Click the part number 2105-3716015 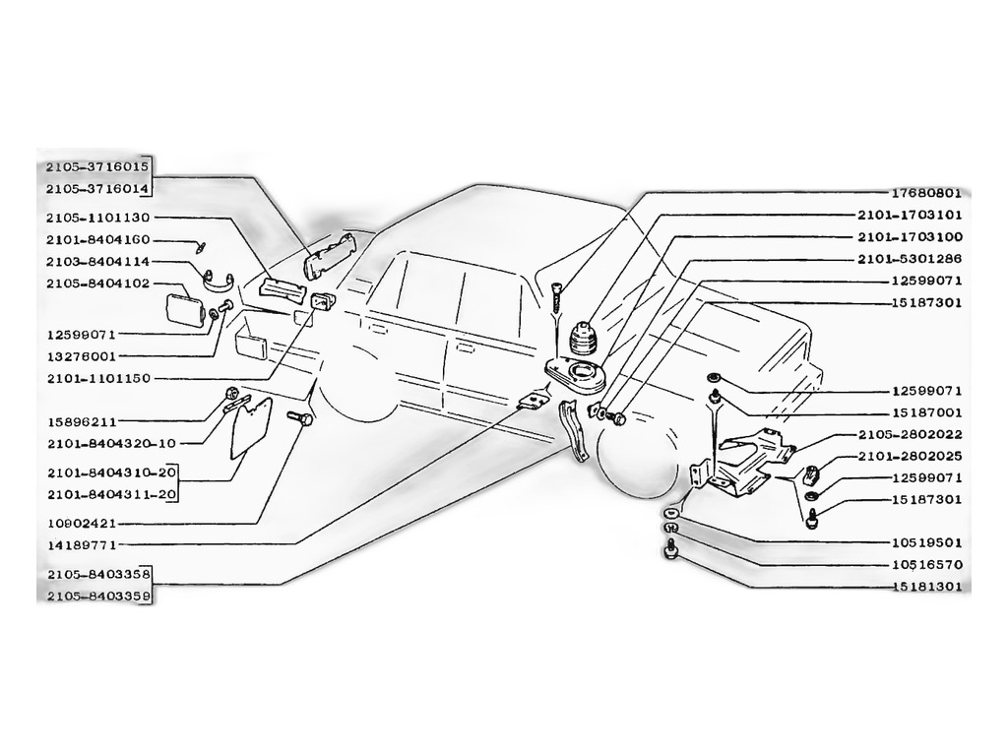click(x=97, y=166)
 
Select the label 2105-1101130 click(x=97, y=218)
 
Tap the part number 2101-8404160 click(x=97, y=240)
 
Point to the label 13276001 click(x=81, y=356)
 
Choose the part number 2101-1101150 click(x=98, y=379)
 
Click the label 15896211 click(x=83, y=422)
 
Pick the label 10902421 click(x=82, y=524)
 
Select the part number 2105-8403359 click(x=98, y=597)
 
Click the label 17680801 click(x=926, y=193)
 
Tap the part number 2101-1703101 click(x=910, y=215)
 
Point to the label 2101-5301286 click(x=910, y=259)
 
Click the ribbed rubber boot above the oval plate click(x=583, y=339)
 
